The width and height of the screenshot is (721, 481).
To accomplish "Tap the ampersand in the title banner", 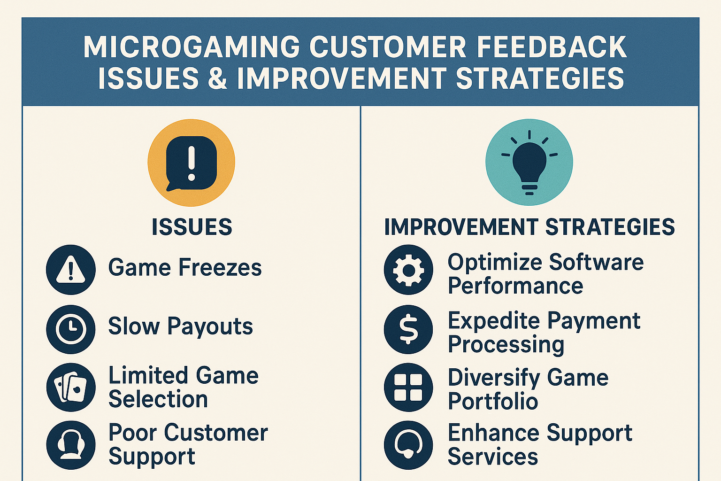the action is coord(218,78).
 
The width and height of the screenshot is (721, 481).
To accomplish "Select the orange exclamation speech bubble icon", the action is coord(191,163).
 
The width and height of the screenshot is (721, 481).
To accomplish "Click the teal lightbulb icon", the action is coord(529,162).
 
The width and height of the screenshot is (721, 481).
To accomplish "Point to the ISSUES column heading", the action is coord(192,227).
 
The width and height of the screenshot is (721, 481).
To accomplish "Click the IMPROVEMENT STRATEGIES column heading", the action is coord(529,227).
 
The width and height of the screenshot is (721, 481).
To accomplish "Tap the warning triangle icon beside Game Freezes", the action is coord(71,270).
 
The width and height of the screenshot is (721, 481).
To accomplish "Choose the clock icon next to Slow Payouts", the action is coord(71,329).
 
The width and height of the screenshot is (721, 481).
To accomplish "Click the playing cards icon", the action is coord(71,387).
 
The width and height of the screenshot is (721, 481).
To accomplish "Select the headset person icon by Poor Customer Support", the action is coord(71,445).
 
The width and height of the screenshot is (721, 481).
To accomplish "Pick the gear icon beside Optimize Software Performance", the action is coord(408,270).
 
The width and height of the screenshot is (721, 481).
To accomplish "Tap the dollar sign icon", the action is coord(408,329).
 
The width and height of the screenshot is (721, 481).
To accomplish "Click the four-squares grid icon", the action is coord(408,387).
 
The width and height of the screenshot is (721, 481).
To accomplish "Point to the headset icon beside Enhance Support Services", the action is coord(408,445).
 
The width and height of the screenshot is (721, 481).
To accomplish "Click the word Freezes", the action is coord(220,267).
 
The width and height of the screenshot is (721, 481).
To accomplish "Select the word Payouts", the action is coord(210,326).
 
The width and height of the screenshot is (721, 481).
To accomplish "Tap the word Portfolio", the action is coord(493,401).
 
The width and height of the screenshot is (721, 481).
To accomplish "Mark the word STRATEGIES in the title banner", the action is coord(540,78).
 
